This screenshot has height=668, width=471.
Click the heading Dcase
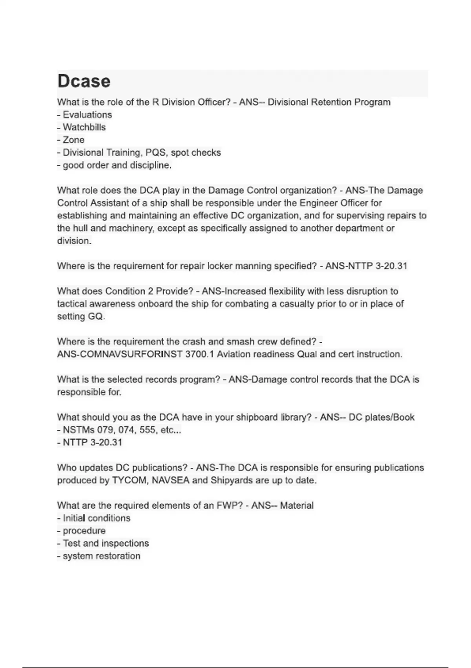point(84,81)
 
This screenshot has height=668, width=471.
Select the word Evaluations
point(87,115)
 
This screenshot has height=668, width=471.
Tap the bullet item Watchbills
point(84,127)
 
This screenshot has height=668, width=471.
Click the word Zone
point(73,140)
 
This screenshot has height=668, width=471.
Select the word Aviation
point(235,354)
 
